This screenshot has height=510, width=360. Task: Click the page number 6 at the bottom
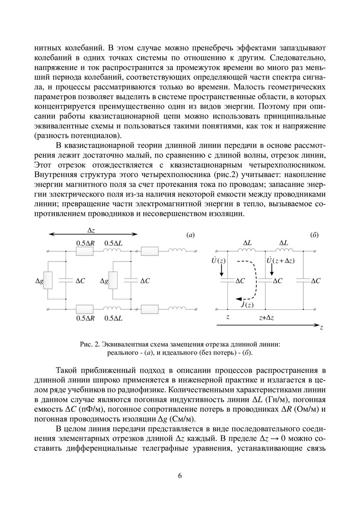pos(180,475)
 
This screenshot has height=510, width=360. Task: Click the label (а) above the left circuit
pos(191,235)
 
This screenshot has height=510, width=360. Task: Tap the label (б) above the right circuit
pos(314,235)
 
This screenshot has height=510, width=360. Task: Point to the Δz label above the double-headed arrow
pos(92,229)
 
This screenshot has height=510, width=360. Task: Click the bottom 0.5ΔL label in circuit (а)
pos(113,318)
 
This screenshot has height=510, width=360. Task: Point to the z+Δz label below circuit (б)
pos(267,318)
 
